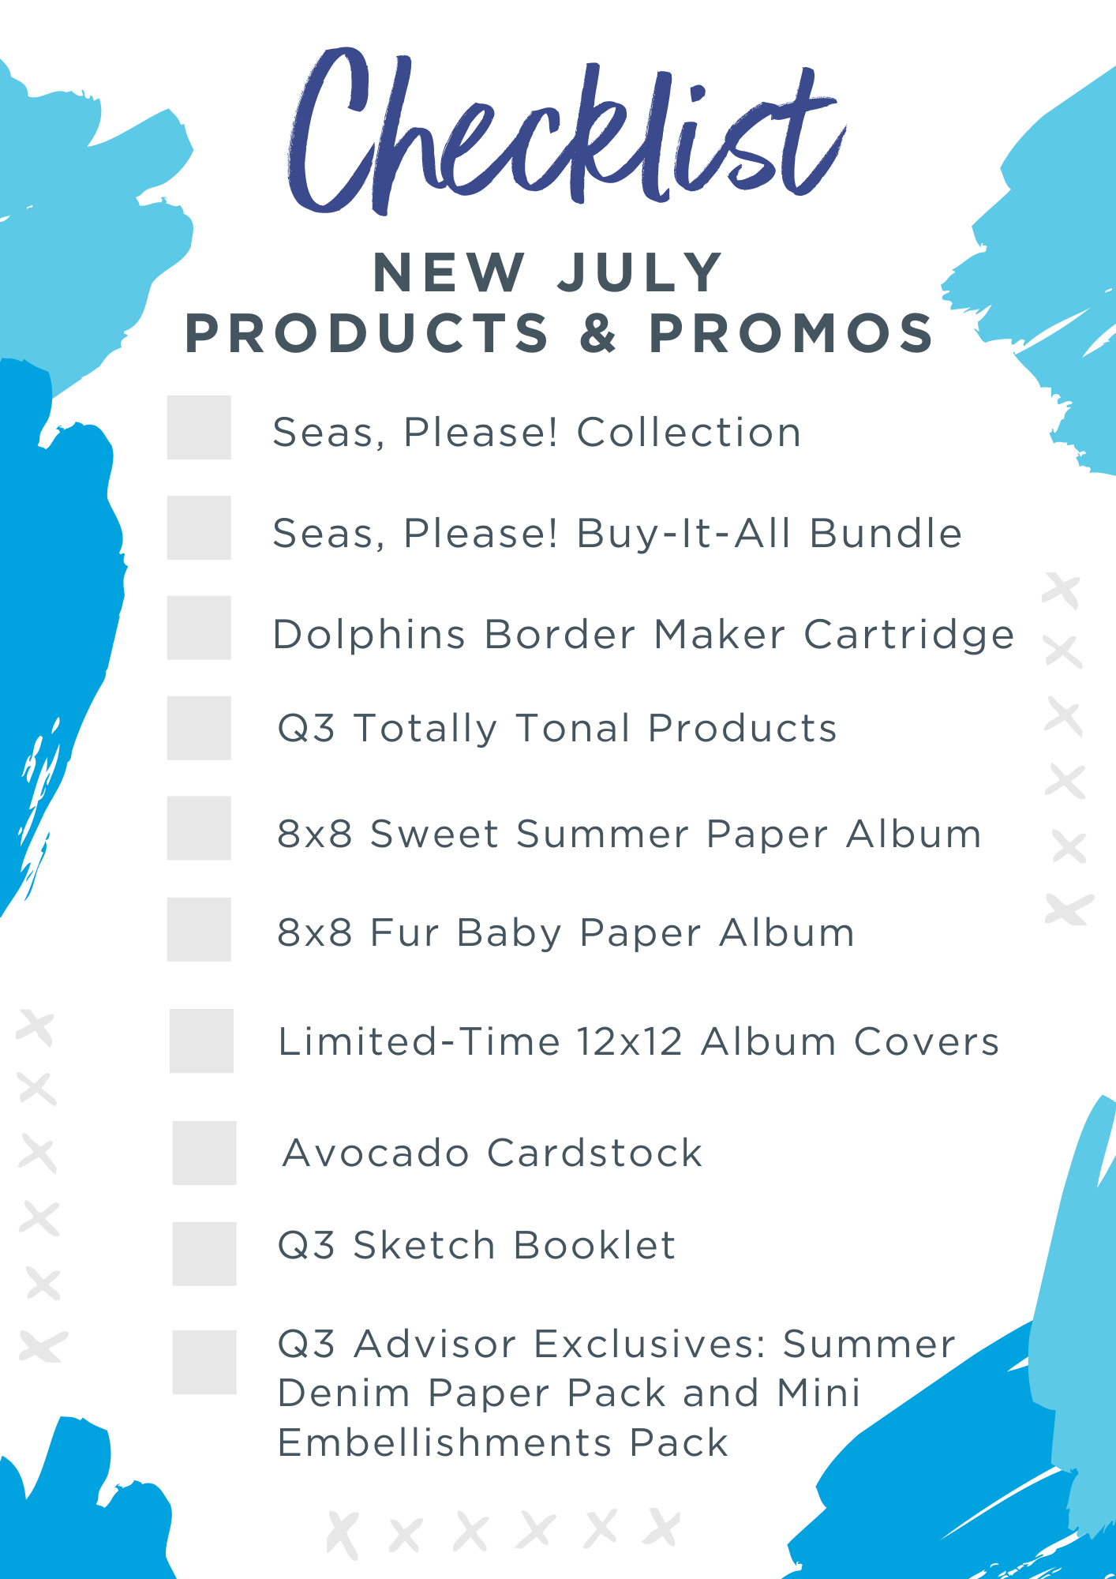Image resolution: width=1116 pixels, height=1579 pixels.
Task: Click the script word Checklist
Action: pos(564,134)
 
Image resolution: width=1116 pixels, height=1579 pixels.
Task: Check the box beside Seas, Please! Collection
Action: pos(199,427)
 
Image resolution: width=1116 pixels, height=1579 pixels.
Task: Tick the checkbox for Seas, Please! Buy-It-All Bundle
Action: pos(199,527)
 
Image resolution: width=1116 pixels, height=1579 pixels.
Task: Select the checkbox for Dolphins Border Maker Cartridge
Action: pos(199,628)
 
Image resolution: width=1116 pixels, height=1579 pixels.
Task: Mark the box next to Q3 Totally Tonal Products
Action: pos(199,728)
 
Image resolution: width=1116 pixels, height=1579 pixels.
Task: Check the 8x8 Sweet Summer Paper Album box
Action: pos(199,828)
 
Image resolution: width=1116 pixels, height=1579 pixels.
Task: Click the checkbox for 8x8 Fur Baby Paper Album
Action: pos(199,929)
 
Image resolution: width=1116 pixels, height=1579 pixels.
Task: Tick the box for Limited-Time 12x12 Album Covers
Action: pos(201,1041)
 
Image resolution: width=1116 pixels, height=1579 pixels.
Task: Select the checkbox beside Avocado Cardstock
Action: pos(204,1153)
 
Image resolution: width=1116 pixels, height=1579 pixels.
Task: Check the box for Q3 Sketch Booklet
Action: pos(204,1254)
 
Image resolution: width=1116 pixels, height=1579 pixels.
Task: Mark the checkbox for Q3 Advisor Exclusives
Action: pos(204,1362)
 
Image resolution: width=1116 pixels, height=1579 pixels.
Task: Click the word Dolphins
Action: pos(369,635)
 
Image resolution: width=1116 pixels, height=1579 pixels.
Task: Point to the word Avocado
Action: pos(376,1153)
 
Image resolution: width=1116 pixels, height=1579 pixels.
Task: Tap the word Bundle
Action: pos(886,533)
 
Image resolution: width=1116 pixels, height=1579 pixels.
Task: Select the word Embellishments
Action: pos(445,1442)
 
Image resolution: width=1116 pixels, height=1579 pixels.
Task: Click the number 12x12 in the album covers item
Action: pos(629,1041)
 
